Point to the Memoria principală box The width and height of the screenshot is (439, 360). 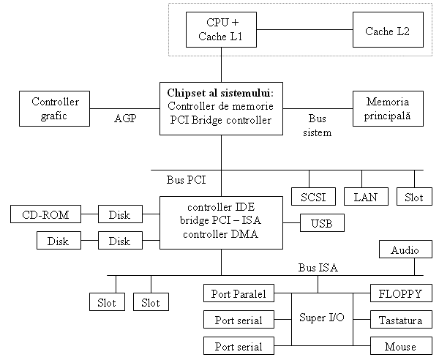388,108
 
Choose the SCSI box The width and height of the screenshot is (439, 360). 312,197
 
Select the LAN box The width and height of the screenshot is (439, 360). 364,197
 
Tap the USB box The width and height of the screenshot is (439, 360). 322,223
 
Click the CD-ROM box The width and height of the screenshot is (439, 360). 46,214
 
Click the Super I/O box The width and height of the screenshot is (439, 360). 322,318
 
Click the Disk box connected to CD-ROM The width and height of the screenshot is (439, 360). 119,214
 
